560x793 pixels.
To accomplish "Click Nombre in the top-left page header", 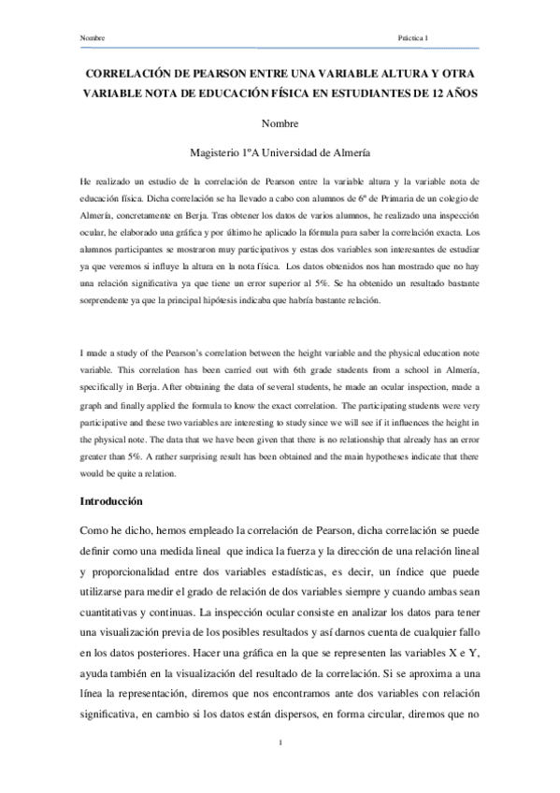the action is (x=93, y=38).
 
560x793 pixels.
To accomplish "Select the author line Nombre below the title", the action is (x=280, y=123).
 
